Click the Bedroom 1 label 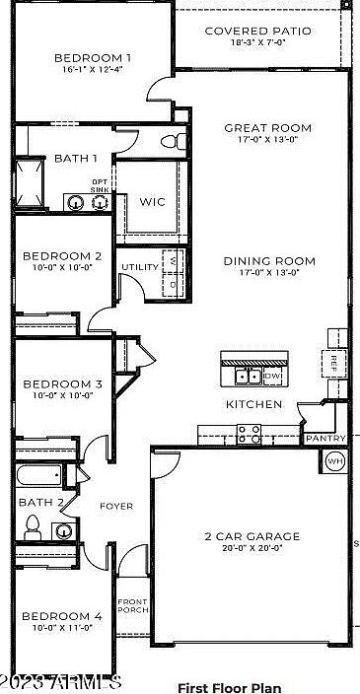(94, 57)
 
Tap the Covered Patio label (257, 32)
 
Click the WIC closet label (152, 202)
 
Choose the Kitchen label (254, 404)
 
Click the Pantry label (324, 439)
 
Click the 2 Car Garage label (252, 537)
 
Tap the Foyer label (116, 506)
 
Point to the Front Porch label (132, 606)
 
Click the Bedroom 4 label (62, 617)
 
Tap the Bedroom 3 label (62, 384)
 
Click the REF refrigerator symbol (335, 362)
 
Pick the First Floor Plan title (229, 687)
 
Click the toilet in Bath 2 (32, 527)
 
